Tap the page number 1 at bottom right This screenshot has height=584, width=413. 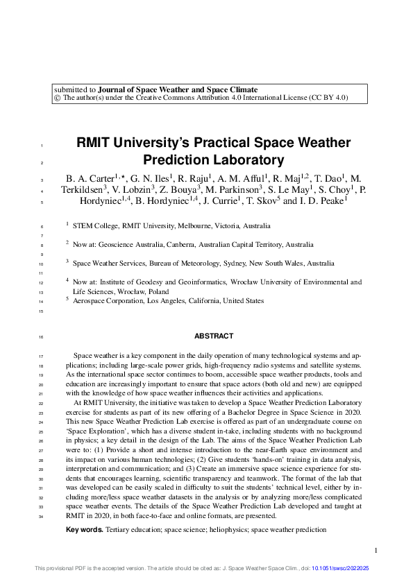[376, 551]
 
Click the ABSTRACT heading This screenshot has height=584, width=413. [214, 336]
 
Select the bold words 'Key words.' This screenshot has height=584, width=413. [84, 530]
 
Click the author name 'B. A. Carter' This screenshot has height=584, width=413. [89, 179]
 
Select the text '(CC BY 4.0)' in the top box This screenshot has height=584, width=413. [329, 98]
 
